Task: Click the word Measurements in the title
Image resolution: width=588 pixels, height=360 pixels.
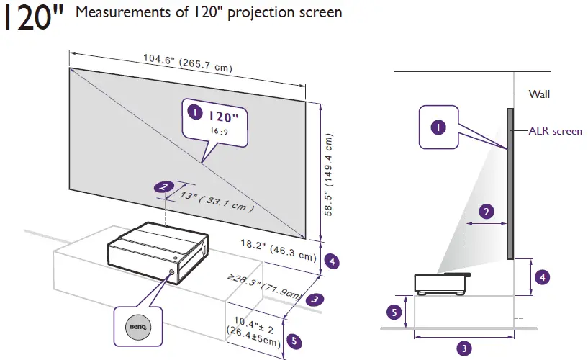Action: click(111, 13)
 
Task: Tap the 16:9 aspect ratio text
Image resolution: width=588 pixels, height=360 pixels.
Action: click(219, 131)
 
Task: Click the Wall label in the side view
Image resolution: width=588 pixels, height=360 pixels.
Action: click(540, 94)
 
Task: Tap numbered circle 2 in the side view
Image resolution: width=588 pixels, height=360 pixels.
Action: click(487, 212)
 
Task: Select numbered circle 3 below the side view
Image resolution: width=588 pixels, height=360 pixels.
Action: click(464, 348)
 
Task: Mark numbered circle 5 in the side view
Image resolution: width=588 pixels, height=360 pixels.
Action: click(394, 312)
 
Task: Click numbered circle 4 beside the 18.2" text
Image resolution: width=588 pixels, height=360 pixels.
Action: click(332, 261)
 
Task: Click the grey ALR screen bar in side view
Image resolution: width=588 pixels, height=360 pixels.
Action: click(510, 184)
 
